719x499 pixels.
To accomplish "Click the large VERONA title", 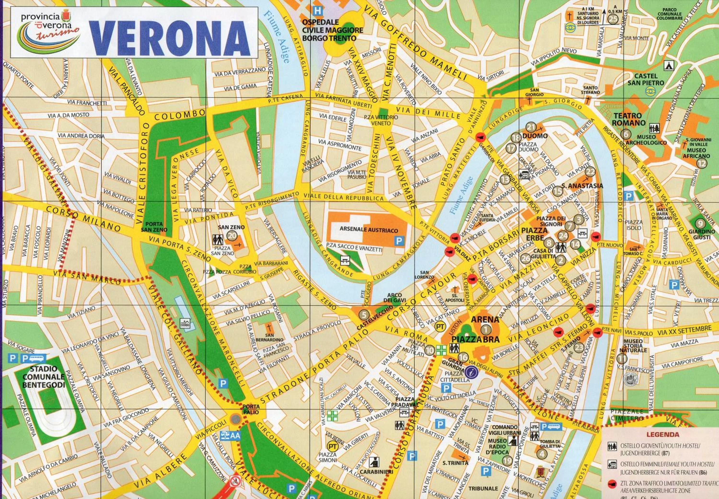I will pos(170,37).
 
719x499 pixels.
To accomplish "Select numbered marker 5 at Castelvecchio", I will pos(364,314).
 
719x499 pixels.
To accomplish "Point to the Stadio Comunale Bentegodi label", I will pos(43,377).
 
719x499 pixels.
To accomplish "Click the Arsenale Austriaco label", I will pos(369,230).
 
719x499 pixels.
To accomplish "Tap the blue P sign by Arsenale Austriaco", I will pos(399,241).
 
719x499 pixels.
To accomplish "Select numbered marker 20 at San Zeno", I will pos(232,235).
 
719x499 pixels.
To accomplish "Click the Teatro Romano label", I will pos(629,119).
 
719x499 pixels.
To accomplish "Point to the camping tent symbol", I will pos(669,65).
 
